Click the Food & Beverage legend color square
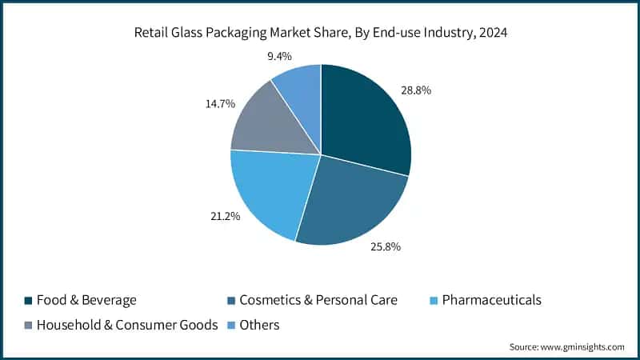pyautogui.click(x=29, y=301)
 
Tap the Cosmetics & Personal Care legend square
pyautogui.click(x=232, y=301)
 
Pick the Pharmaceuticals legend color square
pyautogui.click(x=433, y=301)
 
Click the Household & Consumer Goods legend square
pyautogui.click(x=29, y=326)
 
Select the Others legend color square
pyautogui.click(x=232, y=326)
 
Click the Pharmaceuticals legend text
pyautogui.click(x=490, y=300)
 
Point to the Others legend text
pyautogui.click(x=261, y=326)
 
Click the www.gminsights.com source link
pyautogui.click(x=582, y=346)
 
